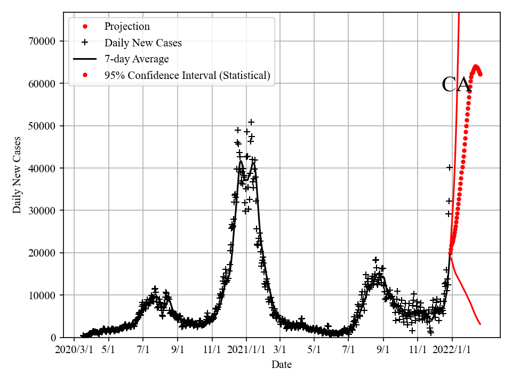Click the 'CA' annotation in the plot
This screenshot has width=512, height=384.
456,85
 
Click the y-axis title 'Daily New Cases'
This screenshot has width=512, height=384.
17,175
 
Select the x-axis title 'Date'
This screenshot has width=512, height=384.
282,365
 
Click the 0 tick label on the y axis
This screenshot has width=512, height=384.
54,338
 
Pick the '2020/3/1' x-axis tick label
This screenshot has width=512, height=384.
74,350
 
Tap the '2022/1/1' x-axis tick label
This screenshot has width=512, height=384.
452,350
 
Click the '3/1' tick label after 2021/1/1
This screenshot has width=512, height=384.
279,350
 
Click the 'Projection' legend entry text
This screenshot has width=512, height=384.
127,27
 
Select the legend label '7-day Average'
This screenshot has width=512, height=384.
137,59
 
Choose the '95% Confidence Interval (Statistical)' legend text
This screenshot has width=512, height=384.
187,76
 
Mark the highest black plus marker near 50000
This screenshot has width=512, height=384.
251,122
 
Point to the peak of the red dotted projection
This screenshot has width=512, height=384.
476,67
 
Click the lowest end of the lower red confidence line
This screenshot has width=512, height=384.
481,324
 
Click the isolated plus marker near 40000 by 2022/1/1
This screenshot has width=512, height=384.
450,167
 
